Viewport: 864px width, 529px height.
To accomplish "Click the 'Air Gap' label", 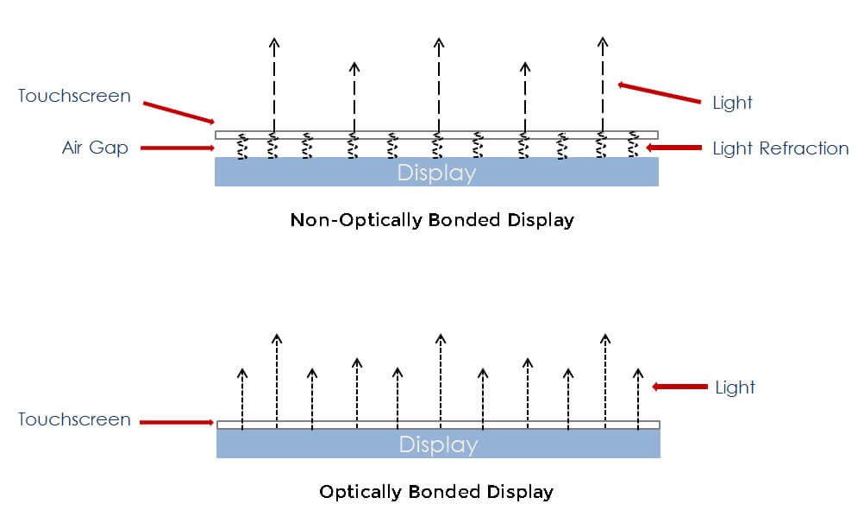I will pos(95,148).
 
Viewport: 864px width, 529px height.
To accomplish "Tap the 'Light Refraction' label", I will pos(780,148).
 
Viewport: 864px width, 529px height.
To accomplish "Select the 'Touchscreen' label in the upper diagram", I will pos(74,96).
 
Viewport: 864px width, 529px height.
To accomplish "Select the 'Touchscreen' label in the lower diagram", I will pos(74,420).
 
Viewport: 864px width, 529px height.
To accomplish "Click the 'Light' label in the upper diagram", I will pos(732,103).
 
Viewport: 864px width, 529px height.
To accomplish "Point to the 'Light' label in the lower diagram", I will pos(735,387).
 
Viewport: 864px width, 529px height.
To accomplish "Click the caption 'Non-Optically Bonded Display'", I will pos(432,219).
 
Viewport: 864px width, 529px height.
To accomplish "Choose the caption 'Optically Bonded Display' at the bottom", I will pos(435,492).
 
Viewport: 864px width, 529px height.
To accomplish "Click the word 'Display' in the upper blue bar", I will pos(436,173).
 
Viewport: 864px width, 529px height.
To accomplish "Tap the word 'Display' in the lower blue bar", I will pos(438,444).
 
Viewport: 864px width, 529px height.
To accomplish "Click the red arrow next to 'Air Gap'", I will pos(177,148).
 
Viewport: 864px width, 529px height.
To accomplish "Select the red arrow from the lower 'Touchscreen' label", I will pos(177,422).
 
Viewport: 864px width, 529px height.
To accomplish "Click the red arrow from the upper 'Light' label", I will pos(660,93).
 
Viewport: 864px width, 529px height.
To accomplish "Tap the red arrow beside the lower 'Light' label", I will pos(679,387).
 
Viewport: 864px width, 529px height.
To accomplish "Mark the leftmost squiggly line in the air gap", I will pos(242,146).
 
